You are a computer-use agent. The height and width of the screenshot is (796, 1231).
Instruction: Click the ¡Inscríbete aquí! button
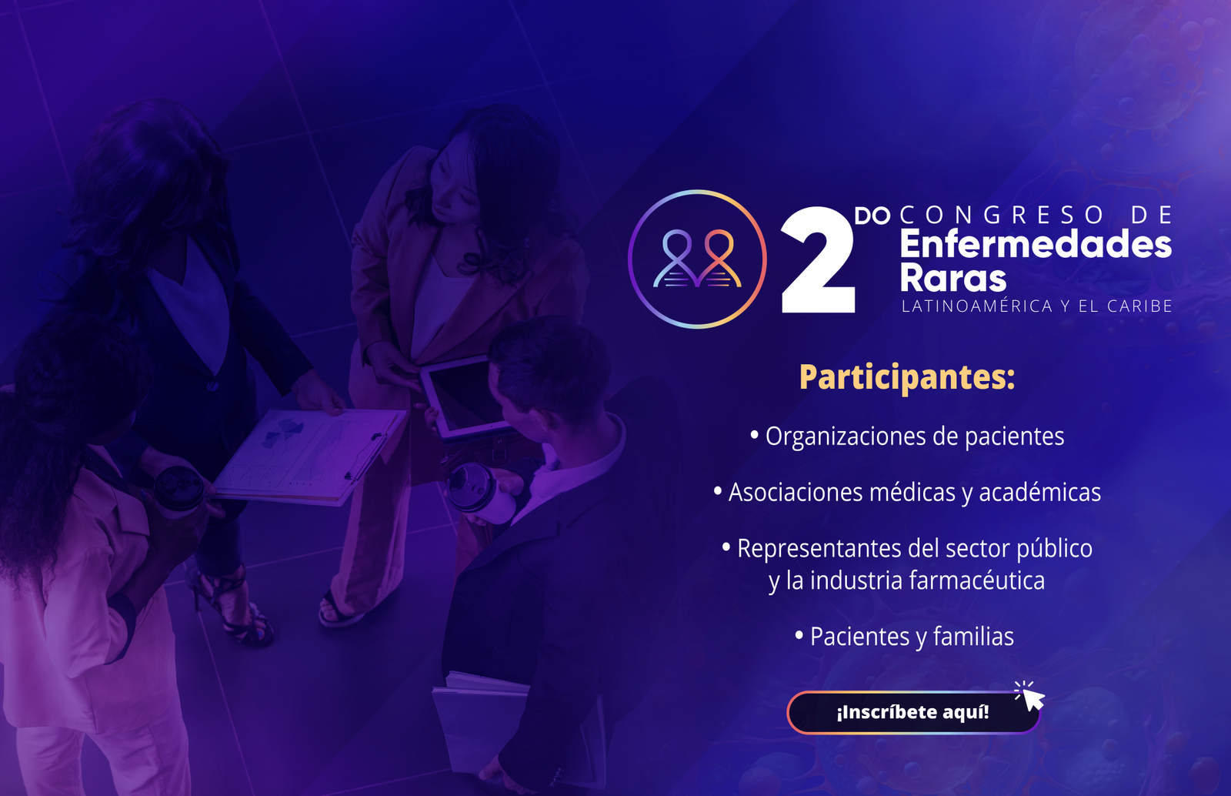pos(913,712)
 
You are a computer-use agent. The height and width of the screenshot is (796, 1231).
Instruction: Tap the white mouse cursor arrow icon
pos(1033,699)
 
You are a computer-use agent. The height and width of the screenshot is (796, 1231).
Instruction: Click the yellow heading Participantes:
pos(907,378)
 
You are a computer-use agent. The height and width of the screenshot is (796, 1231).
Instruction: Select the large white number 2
pos(819,260)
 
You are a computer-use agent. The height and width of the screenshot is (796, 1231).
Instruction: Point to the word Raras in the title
pos(953,278)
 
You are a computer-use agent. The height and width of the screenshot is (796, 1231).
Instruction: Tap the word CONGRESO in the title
pos(1001,215)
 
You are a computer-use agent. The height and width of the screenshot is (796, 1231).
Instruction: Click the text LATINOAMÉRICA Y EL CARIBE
pos(1037,306)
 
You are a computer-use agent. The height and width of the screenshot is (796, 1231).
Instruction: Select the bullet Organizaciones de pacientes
pos(907,436)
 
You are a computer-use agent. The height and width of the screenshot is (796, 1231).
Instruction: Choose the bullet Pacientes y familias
pos(905,637)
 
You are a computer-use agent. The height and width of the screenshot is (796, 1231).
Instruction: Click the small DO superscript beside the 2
pos(872,216)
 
